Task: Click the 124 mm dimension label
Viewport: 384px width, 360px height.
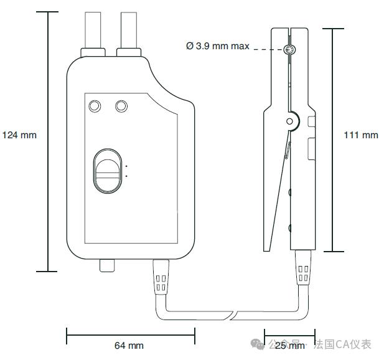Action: [19, 135]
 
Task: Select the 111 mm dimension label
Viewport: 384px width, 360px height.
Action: [361, 135]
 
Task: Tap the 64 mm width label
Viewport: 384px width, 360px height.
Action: [129, 345]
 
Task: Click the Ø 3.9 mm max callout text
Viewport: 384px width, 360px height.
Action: [218, 46]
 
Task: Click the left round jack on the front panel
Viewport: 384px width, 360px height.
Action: [95, 106]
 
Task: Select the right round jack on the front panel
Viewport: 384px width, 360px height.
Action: [121, 106]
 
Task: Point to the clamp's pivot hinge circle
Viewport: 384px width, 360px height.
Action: [290, 121]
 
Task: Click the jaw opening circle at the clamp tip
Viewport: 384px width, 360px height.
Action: [288, 50]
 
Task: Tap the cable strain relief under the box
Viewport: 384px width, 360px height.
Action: [160, 276]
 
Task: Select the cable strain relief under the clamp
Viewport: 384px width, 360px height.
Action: [303, 273]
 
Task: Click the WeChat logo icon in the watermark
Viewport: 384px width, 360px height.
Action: [257, 344]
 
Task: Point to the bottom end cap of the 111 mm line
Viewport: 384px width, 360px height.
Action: [333, 252]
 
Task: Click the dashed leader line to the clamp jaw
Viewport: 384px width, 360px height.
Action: [268, 49]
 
